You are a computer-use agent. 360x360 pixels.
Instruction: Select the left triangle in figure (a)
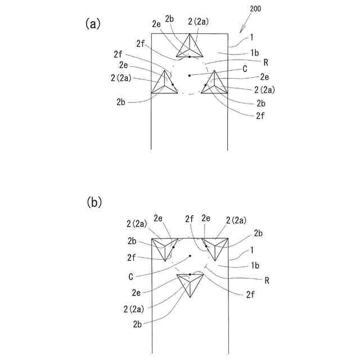tap(164, 83)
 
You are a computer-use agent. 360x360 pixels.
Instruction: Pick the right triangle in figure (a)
tap(215, 84)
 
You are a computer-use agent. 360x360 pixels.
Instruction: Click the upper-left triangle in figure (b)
tap(164, 246)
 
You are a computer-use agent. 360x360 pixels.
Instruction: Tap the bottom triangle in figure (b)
tap(190, 283)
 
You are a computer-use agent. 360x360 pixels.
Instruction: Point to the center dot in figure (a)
tap(190, 75)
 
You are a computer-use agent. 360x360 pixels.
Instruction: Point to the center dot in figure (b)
tap(190, 256)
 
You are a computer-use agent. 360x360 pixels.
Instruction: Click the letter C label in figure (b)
tap(130, 277)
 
